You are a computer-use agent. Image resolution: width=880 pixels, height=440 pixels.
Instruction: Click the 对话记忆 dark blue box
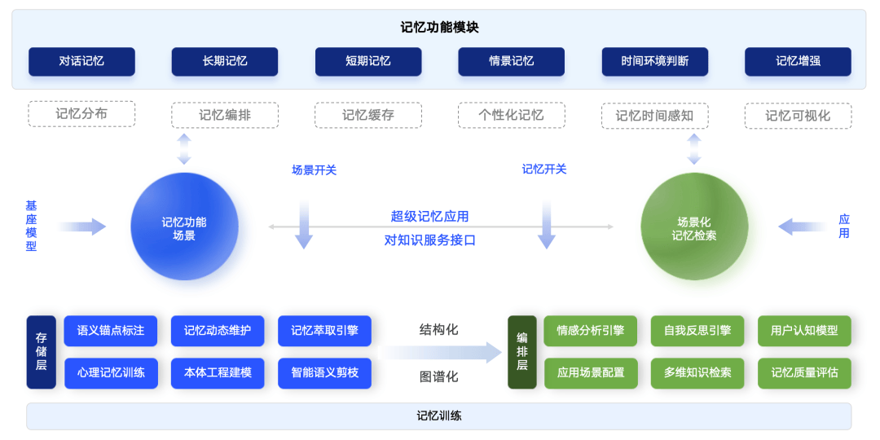[81, 62]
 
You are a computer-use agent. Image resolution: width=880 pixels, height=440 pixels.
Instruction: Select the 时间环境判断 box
[654, 62]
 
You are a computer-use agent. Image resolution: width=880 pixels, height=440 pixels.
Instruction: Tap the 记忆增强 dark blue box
[798, 62]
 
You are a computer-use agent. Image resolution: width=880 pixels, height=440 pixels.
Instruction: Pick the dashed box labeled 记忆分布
[81, 114]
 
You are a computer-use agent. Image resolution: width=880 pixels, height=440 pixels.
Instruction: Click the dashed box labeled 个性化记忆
[511, 115]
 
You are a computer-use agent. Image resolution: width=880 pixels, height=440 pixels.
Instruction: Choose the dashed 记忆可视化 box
[798, 116]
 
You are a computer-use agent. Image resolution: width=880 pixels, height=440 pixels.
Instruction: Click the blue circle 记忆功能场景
[184, 227]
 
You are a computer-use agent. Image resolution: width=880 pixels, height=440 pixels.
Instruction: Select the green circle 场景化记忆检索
[694, 227]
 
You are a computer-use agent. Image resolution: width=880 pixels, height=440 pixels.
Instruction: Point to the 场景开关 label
[315, 170]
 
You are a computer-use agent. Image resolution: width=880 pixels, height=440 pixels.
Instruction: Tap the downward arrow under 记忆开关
[547, 225]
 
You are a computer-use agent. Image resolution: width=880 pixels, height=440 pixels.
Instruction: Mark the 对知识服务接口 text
[429, 240]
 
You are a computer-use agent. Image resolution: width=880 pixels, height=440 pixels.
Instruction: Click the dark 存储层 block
[41, 352]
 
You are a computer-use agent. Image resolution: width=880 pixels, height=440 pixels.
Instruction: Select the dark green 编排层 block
[522, 352]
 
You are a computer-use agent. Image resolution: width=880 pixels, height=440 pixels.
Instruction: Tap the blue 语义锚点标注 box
[111, 331]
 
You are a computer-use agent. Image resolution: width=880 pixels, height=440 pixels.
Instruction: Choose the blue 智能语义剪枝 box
[324, 373]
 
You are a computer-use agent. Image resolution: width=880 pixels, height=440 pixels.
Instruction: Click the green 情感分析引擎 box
[591, 331]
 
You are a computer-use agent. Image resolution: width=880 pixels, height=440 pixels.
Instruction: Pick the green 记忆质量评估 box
[804, 373]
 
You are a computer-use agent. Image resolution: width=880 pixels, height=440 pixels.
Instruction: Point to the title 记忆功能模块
[439, 27]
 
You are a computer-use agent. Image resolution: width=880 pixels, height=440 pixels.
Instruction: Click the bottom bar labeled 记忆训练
[439, 416]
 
